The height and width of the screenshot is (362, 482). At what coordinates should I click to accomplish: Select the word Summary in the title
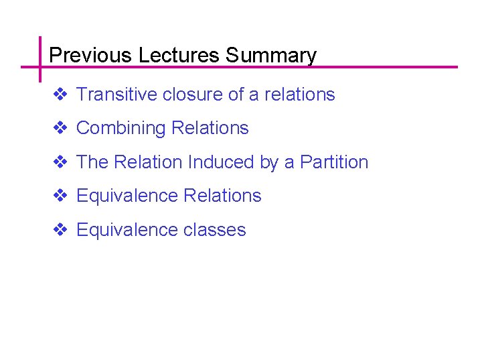point(271,55)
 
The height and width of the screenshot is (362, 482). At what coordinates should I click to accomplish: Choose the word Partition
point(334,162)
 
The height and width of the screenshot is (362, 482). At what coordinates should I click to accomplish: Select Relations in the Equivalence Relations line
point(222,196)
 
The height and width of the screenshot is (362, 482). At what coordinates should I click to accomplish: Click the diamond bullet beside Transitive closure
point(60,95)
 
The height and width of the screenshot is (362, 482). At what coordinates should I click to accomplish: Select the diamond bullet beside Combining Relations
point(60,128)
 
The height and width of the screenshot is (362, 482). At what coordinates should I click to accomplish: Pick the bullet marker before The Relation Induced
point(60,162)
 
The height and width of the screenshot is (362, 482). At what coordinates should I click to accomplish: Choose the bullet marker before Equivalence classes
point(60,230)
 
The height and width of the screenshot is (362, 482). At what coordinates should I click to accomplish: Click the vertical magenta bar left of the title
point(40,59)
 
